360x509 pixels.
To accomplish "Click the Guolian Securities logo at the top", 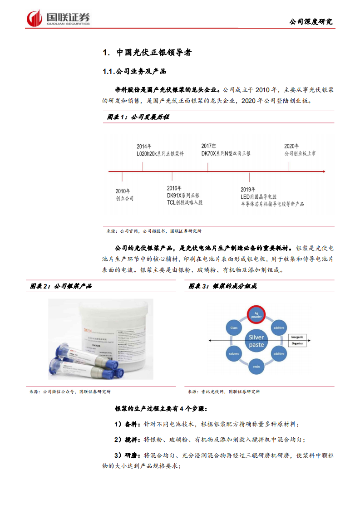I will click(x=58, y=18).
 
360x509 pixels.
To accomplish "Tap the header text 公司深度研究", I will click(x=311, y=21).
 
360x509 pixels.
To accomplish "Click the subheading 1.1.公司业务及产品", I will click(x=134, y=71).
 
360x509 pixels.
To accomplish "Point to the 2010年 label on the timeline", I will click(x=123, y=191).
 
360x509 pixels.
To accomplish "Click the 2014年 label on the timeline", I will click(x=144, y=146).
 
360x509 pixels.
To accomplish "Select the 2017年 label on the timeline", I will click(x=209, y=146).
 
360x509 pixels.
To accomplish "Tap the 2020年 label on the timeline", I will click(x=291, y=146).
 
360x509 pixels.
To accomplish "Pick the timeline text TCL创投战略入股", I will click(x=184, y=202).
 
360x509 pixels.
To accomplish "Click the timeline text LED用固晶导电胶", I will click(x=258, y=197).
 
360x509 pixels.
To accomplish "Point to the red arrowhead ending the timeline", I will click(x=323, y=171).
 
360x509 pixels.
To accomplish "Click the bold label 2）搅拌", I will click(x=128, y=439).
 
